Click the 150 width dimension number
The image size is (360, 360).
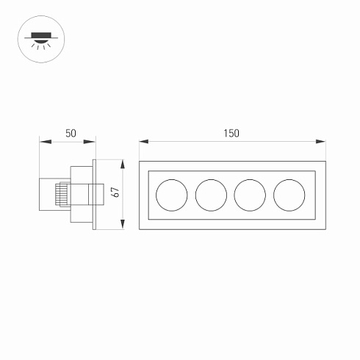(232, 133)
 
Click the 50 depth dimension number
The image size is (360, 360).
(71, 133)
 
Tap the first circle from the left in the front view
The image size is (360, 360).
(171, 194)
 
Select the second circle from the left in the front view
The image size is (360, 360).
(210, 194)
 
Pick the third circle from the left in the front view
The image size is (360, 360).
(249, 194)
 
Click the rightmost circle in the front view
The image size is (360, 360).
(288, 194)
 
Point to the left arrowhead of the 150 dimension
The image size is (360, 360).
(142, 141)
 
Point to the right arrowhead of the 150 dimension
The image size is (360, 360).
(324, 141)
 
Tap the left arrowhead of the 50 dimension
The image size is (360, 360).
(42, 141)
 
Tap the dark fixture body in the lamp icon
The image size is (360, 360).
(37, 33)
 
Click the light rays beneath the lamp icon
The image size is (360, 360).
(37, 45)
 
